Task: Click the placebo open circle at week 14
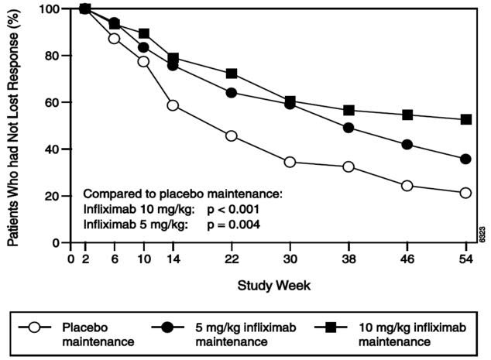173,105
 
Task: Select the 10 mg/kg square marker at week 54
465,119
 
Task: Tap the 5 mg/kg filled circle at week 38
349,128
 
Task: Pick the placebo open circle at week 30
290,162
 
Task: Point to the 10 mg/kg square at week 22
231,74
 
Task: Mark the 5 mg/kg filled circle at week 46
407,145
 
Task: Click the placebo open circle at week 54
465,193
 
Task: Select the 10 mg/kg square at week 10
143,33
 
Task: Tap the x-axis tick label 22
231,258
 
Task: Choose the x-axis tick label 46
407,258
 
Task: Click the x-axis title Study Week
274,285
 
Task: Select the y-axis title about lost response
14,124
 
